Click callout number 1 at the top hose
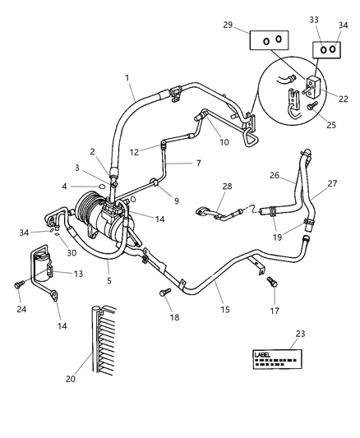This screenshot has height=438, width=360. (x=128, y=79)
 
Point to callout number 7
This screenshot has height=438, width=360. (x=197, y=163)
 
